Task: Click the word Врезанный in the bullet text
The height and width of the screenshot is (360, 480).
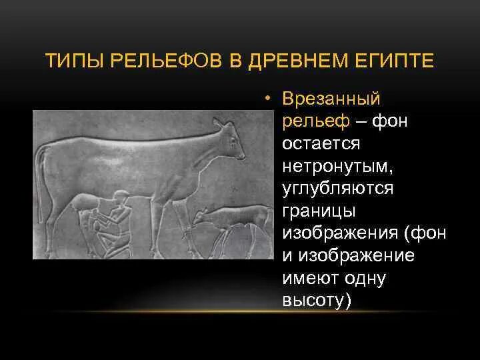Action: (x=331, y=99)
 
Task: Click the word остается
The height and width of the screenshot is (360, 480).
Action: (x=321, y=143)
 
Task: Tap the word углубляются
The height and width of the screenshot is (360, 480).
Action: (x=338, y=188)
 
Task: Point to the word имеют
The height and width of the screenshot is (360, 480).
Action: (x=310, y=278)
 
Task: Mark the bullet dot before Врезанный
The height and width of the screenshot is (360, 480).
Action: (x=266, y=99)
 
